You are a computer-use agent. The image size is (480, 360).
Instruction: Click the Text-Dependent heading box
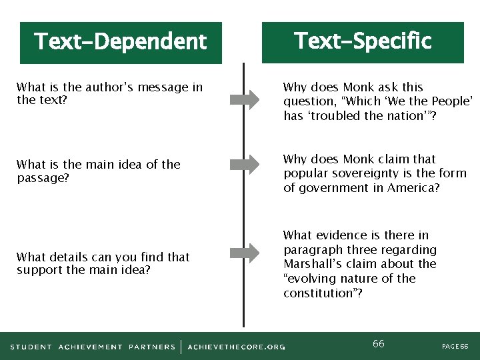[121, 43]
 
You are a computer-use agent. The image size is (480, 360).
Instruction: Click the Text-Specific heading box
[363, 42]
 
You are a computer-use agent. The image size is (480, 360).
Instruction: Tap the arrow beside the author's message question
[244, 100]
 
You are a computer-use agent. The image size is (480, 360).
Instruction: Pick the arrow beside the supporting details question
[244, 253]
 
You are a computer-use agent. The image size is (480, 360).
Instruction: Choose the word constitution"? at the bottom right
[323, 293]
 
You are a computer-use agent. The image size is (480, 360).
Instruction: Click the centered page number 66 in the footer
[378, 344]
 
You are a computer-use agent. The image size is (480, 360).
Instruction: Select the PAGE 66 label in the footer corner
[455, 347]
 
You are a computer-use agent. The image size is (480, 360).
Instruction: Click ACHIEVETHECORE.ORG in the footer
[236, 347]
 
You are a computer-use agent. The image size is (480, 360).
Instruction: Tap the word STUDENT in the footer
[31, 347]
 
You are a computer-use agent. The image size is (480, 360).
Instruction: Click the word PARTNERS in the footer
[152, 347]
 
